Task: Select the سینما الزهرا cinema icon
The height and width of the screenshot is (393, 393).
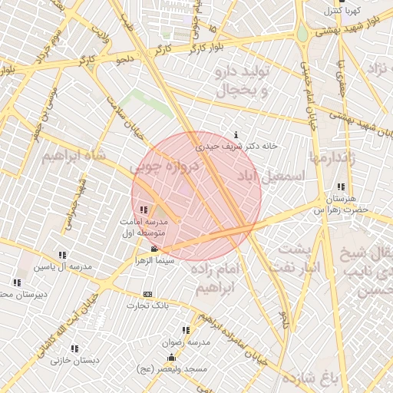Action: coord(155,249)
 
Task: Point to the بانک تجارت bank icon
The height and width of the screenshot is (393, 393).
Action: coord(147,294)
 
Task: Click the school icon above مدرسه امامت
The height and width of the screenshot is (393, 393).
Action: coord(144,210)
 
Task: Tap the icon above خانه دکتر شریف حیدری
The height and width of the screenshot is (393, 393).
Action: coord(235,134)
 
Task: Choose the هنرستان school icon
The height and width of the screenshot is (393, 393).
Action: coord(341,187)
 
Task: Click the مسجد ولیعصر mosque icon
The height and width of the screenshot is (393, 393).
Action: coord(170,358)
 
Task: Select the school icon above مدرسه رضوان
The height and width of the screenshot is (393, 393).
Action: coord(186,330)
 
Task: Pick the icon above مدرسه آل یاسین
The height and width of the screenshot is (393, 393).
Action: coord(62,255)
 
